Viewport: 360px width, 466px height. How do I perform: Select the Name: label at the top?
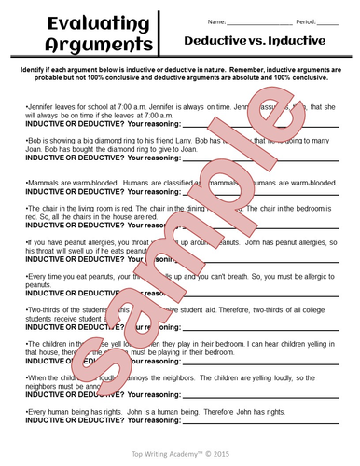tap(216, 21)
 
